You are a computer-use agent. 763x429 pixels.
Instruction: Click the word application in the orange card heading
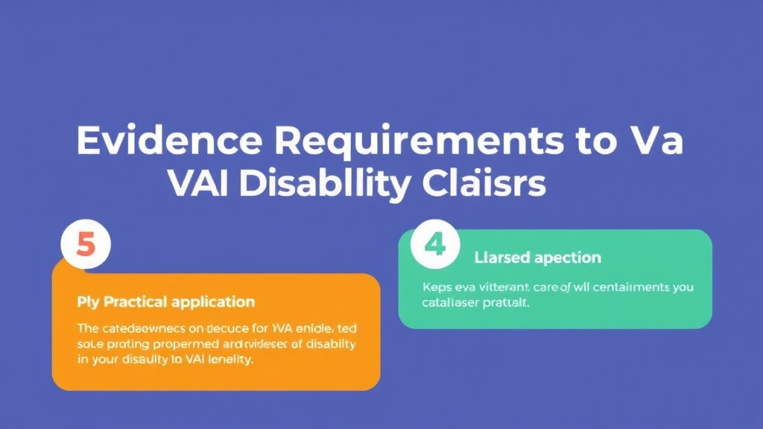(x=213, y=302)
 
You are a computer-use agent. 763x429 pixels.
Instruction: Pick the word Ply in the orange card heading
(x=87, y=302)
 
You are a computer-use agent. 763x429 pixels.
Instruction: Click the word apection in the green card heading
(x=566, y=258)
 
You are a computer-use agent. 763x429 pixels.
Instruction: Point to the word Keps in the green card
(x=437, y=287)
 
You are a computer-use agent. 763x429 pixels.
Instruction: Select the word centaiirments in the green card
(x=629, y=287)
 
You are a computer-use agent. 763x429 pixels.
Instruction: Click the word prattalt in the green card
(x=507, y=303)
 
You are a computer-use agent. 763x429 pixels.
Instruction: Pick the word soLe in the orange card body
(x=90, y=344)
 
